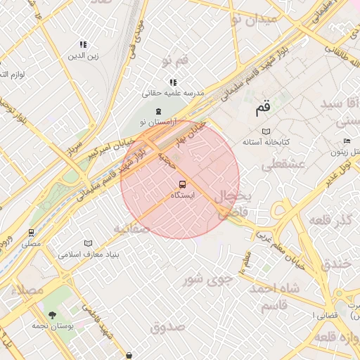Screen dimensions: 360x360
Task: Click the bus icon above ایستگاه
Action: click(x=183, y=184)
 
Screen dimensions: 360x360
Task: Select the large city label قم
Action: click(x=262, y=109)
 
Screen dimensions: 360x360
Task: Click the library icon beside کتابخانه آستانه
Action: click(x=265, y=131)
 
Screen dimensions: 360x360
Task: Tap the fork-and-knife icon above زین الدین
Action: click(x=84, y=44)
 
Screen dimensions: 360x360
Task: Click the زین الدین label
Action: click(x=84, y=55)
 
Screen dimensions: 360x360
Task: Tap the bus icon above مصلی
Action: click(x=31, y=233)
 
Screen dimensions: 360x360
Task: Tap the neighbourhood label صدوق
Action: click(x=167, y=327)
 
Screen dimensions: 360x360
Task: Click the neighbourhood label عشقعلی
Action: click(x=281, y=165)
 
